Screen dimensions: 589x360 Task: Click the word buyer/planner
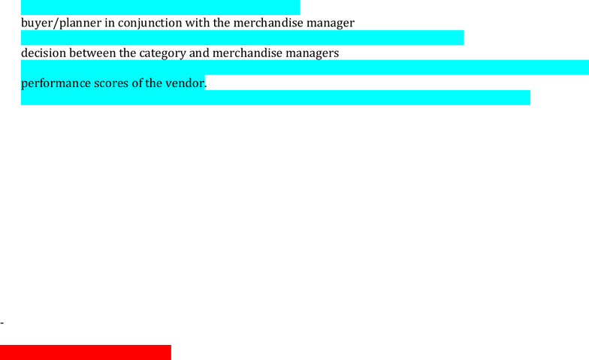point(62,23)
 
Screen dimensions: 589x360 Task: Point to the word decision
point(44,53)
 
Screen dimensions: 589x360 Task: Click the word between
point(92,53)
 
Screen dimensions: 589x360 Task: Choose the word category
point(162,53)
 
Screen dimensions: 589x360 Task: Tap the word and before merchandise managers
point(199,53)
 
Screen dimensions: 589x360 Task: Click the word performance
point(56,83)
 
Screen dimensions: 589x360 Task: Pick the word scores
point(111,83)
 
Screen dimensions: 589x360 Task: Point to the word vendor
point(185,83)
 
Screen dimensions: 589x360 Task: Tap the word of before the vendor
point(137,83)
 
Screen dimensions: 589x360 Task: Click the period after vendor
point(206,87)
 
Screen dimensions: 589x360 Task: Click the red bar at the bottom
point(86,352)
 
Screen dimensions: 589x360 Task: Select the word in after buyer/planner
point(110,23)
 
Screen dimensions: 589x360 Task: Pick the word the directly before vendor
point(153,83)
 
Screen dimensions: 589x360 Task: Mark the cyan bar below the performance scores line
point(275,98)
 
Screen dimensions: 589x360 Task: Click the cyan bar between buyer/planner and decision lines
point(242,38)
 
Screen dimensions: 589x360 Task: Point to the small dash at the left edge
point(2,322)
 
